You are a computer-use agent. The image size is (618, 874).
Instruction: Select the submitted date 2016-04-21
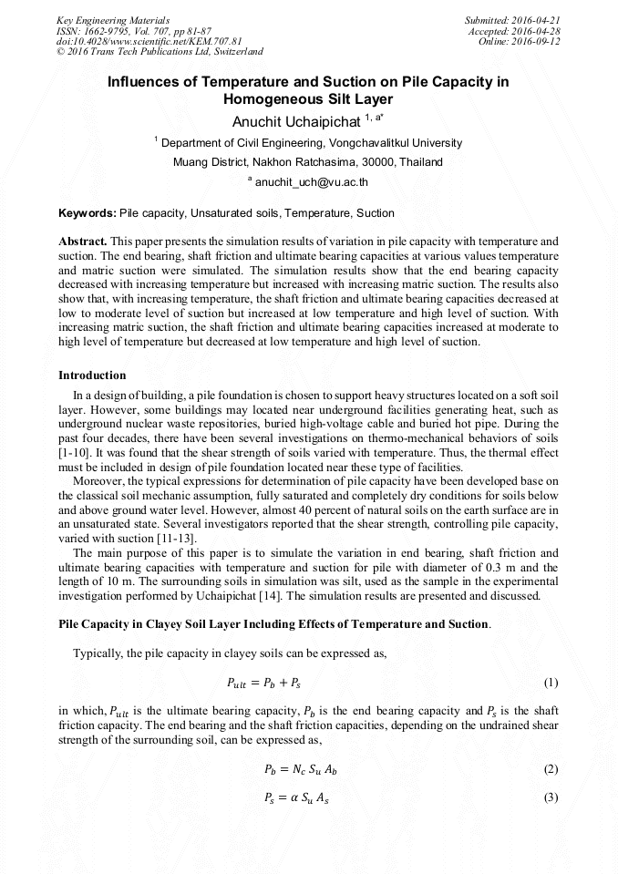(539, 19)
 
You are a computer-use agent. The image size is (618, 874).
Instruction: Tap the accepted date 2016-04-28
(539, 30)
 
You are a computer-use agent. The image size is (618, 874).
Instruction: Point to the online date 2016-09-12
(539, 41)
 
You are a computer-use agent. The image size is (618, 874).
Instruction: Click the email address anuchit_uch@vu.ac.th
(311, 182)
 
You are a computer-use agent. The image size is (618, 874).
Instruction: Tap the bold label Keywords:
(88, 213)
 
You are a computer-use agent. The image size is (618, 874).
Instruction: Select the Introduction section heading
(92, 375)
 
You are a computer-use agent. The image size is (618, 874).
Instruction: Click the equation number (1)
(550, 683)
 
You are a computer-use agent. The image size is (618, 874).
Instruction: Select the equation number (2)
(550, 769)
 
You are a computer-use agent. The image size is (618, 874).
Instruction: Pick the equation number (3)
(550, 797)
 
